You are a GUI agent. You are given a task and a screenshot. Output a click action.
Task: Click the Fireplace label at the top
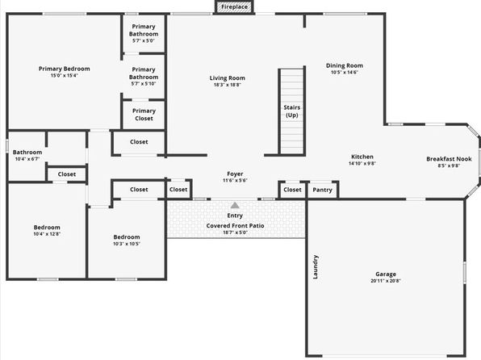(234, 6)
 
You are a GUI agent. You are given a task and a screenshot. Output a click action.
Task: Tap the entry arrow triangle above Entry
(235, 205)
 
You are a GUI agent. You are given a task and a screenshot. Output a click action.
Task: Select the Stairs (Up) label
(291, 111)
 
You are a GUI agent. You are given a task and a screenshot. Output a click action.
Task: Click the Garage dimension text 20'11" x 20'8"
(386, 281)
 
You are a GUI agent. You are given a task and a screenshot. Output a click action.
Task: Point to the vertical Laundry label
(316, 267)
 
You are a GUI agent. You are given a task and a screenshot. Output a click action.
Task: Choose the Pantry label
(322, 190)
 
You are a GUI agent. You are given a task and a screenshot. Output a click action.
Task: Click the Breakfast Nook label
(449, 159)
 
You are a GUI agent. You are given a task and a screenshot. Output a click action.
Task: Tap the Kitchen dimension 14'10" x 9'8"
(362, 163)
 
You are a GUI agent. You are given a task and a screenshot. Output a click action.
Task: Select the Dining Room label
(345, 65)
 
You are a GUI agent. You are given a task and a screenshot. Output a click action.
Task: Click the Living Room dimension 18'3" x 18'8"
(228, 85)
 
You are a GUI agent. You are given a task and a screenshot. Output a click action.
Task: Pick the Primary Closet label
(144, 115)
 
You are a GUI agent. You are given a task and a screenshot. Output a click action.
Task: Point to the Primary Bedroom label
(64, 69)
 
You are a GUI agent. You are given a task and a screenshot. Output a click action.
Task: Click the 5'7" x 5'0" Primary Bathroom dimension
(144, 40)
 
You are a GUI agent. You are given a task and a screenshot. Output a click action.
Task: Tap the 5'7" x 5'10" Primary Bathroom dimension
(144, 83)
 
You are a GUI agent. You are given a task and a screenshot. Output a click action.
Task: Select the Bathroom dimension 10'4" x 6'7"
(27, 159)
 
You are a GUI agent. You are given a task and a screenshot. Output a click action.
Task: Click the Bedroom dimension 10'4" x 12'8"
(47, 234)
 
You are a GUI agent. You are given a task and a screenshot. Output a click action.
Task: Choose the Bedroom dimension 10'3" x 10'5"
(127, 244)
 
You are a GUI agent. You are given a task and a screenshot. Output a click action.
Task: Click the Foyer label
(235, 174)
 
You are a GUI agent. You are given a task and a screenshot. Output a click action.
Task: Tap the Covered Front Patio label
(235, 225)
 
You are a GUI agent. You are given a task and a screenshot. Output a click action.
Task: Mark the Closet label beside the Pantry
(292, 190)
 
